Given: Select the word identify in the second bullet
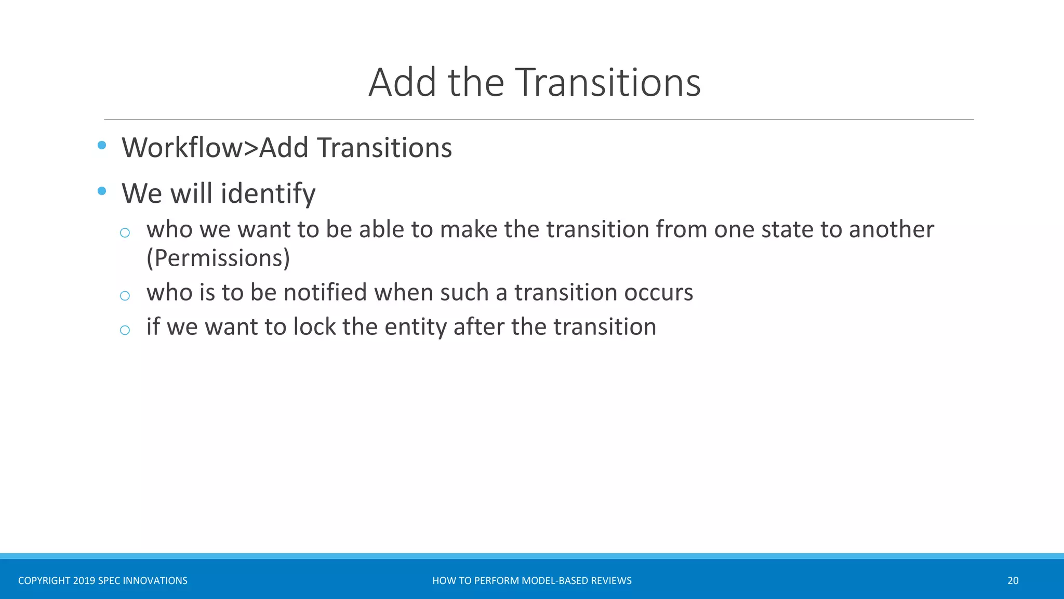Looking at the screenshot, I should [x=268, y=194].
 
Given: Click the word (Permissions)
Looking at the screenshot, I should [x=218, y=258].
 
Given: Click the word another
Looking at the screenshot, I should [x=891, y=229].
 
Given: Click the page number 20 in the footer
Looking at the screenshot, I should [x=1013, y=581].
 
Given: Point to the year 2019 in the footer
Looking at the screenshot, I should [x=84, y=581].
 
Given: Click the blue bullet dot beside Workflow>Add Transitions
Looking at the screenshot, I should [x=102, y=145].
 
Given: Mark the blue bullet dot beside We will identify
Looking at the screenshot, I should [x=102, y=191].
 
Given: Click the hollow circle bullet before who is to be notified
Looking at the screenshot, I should [x=125, y=296].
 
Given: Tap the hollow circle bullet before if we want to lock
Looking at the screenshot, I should [x=125, y=330].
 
